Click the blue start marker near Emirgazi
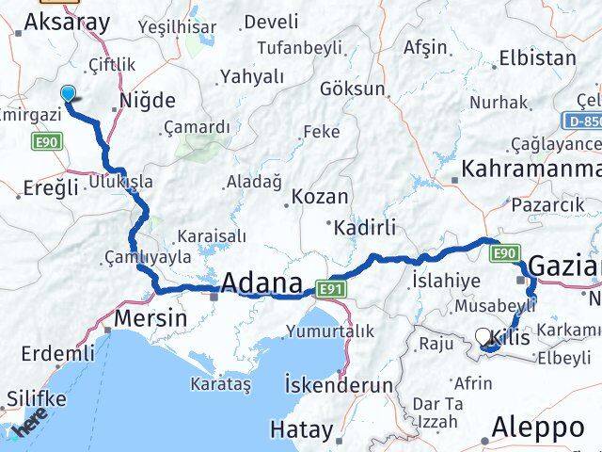pos(68,93)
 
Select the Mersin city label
pos(150,319)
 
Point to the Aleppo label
pos(538,428)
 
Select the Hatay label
pos(301,429)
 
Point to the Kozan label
pos(319,198)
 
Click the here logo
pos(29,425)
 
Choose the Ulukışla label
pos(120,181)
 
